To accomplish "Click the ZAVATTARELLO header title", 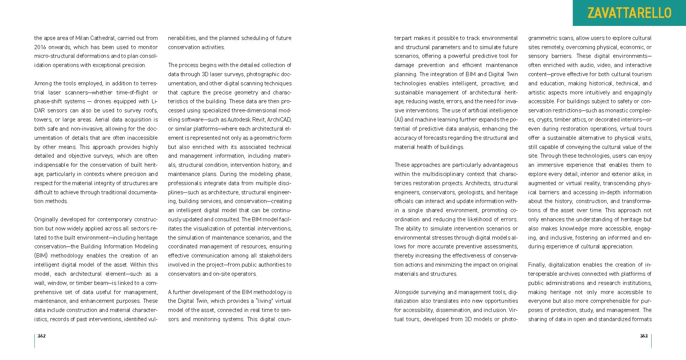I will click(629, 13).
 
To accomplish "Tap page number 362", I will click(42, 336).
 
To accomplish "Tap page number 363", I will click(644, 336).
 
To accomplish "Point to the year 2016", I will click(40, 47).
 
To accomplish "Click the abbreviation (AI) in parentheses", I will click(399, 120).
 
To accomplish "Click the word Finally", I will click(537, 265).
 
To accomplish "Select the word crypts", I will click(545, 120).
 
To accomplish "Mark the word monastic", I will click(618, 110).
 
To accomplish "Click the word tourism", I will click(641, 74).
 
